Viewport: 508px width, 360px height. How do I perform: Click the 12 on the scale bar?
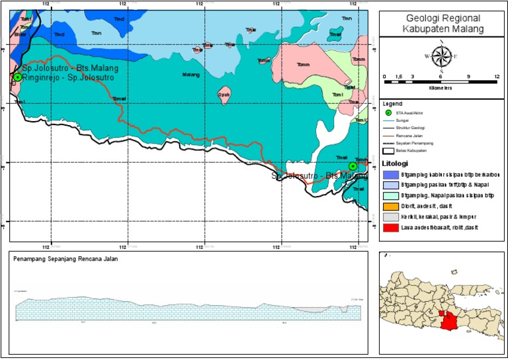click(x=497, y=77)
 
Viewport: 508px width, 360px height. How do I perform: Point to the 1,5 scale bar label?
click(x=398, y=77)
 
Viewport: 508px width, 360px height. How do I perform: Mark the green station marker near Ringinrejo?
click(x=17, y=77)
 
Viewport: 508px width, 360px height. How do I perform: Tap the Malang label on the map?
click(x=190, y=75)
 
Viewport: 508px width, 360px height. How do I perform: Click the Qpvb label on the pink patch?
click(x=224, y=94)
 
